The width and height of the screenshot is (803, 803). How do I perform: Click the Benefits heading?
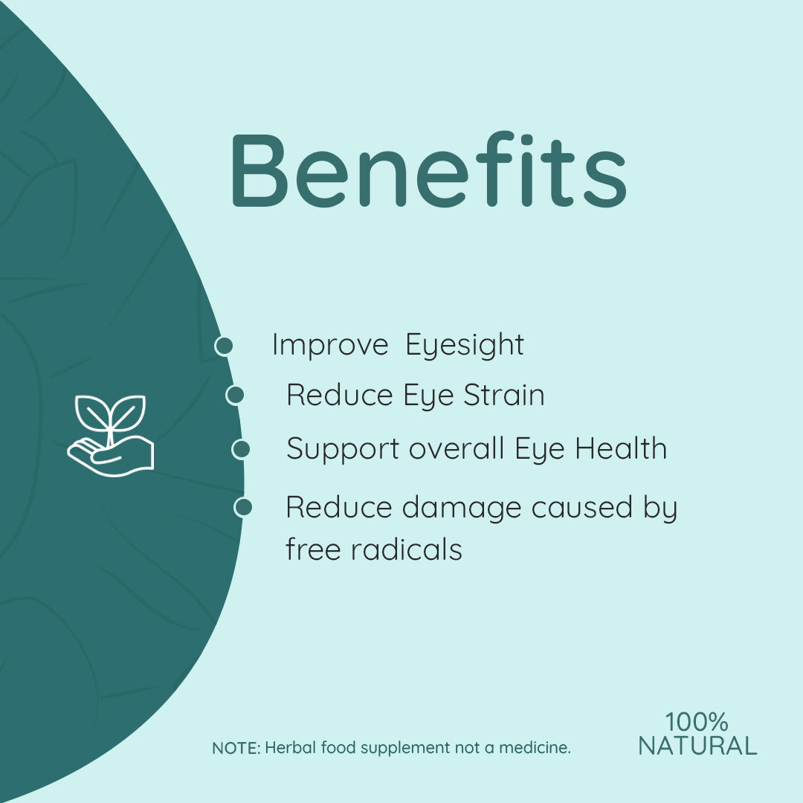(x=428, y=170)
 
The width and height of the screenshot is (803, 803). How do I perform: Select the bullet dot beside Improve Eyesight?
(x=224, y=345)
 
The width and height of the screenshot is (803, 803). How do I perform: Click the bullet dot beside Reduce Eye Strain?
(x=235, y=395)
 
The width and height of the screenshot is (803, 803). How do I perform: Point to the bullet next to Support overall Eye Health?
(x=241, y=449)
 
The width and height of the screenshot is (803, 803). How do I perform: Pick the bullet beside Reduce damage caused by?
(x=243, y=507)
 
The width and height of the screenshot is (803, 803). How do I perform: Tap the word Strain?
(x=504, y=395)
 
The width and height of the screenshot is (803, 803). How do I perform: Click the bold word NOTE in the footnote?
(x=236, y=748)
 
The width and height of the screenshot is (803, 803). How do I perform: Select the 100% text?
(x=697, y=721)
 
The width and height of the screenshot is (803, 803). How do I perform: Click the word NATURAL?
(x=697, y=746)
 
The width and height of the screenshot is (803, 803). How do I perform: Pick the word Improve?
(x=329, y=346)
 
